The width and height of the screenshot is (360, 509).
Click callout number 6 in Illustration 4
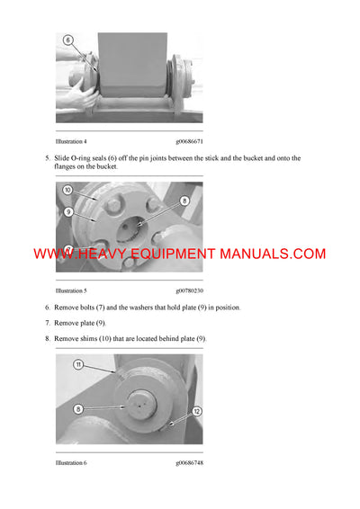pyautogui.click(x=68, y=41)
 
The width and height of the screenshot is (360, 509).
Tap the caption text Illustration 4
pyautogui.click(x=71, y=142)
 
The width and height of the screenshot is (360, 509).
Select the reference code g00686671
pyautogui.click(x=190, y=142)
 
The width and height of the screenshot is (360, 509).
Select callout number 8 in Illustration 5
pyautogui.click(x=184, y=201)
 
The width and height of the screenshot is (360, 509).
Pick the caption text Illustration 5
pyautogui.click(x=71, y=291)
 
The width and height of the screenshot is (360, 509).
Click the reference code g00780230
pyautogui.click(x=190, y=291)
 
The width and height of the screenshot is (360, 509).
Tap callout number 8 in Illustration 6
pyautogui.click(x=77, y=407)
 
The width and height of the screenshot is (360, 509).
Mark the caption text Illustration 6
pyautogui.click(x=71, y=463)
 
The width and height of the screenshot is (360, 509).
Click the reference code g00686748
pyautogui.click(x=190, y=463)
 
